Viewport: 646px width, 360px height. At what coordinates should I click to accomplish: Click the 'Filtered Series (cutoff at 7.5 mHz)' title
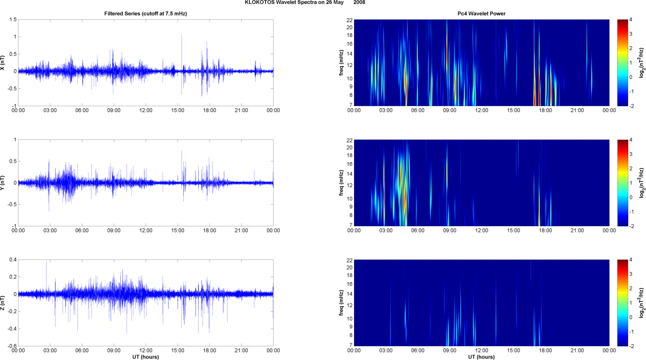[x=145, y=14]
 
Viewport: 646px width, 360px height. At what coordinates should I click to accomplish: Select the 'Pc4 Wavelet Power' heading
[x=481, y=14]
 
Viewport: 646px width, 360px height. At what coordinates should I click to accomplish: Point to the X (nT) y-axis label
[x=3, y=63]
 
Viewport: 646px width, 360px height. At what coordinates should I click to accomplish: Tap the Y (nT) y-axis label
[x=3, y=183]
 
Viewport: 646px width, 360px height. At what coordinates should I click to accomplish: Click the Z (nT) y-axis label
[x=3, y=303]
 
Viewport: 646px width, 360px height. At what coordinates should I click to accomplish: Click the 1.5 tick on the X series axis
[x=13, y=20]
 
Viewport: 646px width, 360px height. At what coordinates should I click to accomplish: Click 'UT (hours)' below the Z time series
[x=145, y=357]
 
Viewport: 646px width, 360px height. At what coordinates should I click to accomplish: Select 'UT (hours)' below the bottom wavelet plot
[x=481, y=357]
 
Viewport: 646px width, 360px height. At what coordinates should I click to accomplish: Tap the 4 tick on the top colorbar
[x=631, y=20]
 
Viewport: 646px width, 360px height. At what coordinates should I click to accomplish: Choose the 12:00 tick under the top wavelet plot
[x=481, y=110]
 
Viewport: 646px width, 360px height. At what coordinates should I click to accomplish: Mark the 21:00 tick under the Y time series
[x=241, y=231]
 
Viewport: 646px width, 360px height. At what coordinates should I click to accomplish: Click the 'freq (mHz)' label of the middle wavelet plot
[x=341, y=183]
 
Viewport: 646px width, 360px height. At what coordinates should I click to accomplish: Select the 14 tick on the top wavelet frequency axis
[x=350, y=54]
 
